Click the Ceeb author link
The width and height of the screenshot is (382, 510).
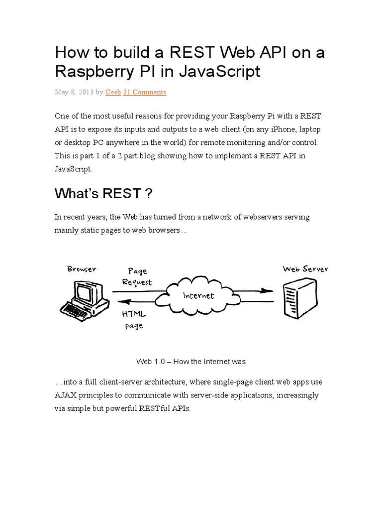click(113, 92)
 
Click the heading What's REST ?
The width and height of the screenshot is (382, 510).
click(103, 193)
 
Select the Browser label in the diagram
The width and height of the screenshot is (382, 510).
click(82, 269)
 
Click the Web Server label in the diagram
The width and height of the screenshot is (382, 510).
click(305, 269)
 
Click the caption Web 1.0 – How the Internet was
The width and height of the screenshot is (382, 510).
click(191, 361)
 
